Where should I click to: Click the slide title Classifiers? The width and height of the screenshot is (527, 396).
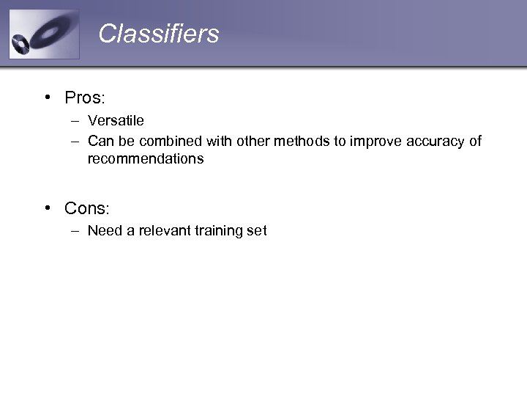[x=158, y=34]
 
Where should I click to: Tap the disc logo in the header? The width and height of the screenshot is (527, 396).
[x=44, y=34]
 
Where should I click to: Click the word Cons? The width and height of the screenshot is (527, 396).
[x=86, y=208]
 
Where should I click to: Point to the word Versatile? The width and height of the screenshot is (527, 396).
[x=116, y=121]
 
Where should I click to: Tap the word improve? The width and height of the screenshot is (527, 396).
[x=374, y=141]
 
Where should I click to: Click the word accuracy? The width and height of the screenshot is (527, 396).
[x=433, y=141]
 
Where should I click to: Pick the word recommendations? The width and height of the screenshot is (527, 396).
[x=146, y=159]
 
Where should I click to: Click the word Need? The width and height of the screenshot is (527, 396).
[x=103, y=231]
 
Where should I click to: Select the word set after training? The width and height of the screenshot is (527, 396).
[x=258, y=231]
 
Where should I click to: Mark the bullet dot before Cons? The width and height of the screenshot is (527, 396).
[x=47, y=209]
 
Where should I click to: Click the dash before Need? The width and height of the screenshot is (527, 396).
[x=75, y=232]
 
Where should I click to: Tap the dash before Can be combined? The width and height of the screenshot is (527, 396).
[x=75, y=142]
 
